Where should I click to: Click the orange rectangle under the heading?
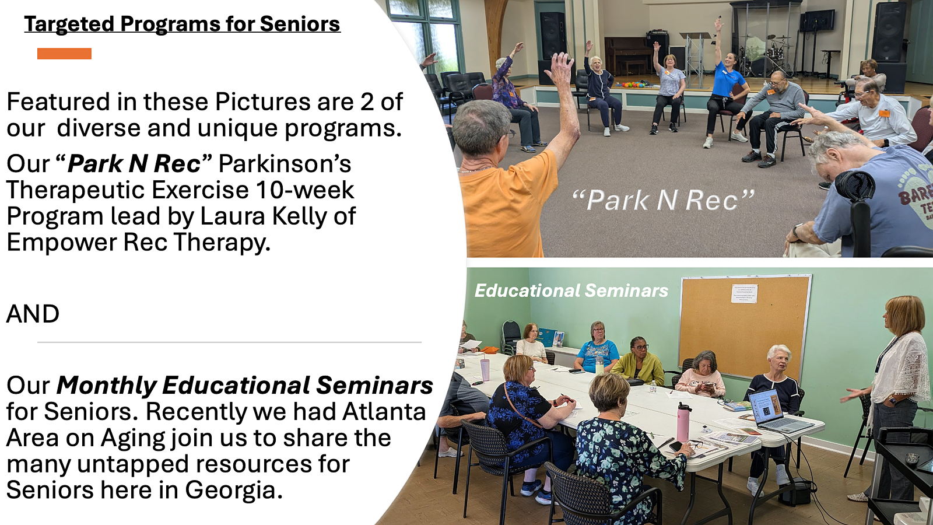(64, 54)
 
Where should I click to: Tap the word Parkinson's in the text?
(285, 163)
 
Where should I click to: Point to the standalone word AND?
(33, 314)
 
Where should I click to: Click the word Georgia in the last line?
(234, 491)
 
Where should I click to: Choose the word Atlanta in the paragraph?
(384, 412)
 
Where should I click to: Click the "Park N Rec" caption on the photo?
(663, 200)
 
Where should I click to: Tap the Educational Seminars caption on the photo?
(571, 291)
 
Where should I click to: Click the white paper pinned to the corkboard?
(744, 294)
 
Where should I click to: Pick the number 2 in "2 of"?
(367, 101)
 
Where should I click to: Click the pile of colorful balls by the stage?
(633, 85)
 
